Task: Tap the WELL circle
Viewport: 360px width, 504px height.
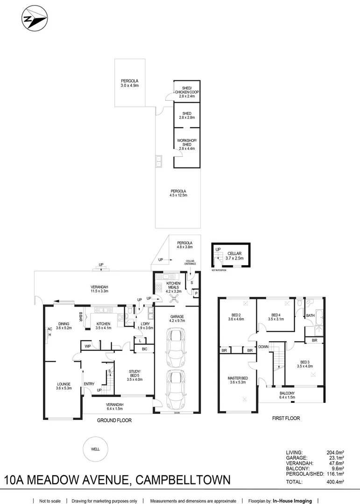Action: pos(95,449)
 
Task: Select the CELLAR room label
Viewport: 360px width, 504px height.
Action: pos(234,255)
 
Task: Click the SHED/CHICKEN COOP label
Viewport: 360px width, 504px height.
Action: pos(187,90)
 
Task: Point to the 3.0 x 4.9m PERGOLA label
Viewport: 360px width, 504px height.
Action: pos(130,83)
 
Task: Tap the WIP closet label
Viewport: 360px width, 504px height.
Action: pos(87,346)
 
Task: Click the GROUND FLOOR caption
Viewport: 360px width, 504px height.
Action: pos(114,420)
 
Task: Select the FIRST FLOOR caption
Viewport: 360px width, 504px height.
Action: pos(286,418)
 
